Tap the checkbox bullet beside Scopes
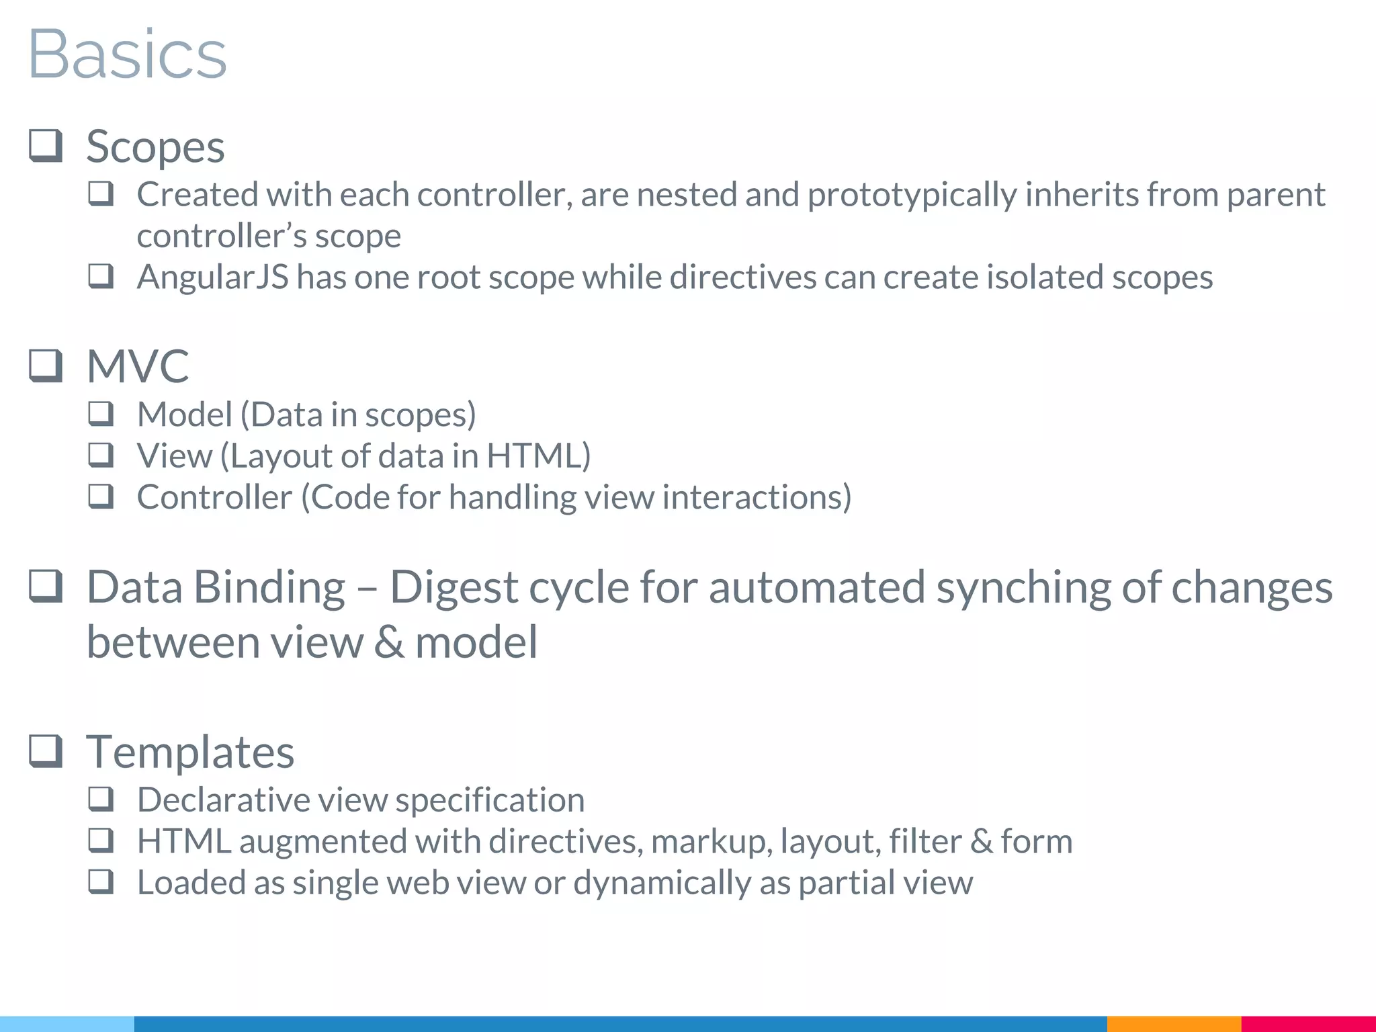coord(46,146)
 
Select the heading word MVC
coord(138,366)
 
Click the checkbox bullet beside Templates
coord(46,750)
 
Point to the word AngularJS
coord(212,277)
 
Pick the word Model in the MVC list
coord(184,415)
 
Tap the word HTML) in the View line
coord(538,456)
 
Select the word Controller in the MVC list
coord(214,497)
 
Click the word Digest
coord(454,587)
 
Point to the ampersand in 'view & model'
coord(390,642)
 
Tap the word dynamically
coord(662,883)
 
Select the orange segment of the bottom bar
coord(1174,1024)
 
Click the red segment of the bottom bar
coord(1308,1024)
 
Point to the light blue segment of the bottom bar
coord(67,1024)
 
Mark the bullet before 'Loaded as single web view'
coord(101,881)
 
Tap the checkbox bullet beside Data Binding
coord(46,587)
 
